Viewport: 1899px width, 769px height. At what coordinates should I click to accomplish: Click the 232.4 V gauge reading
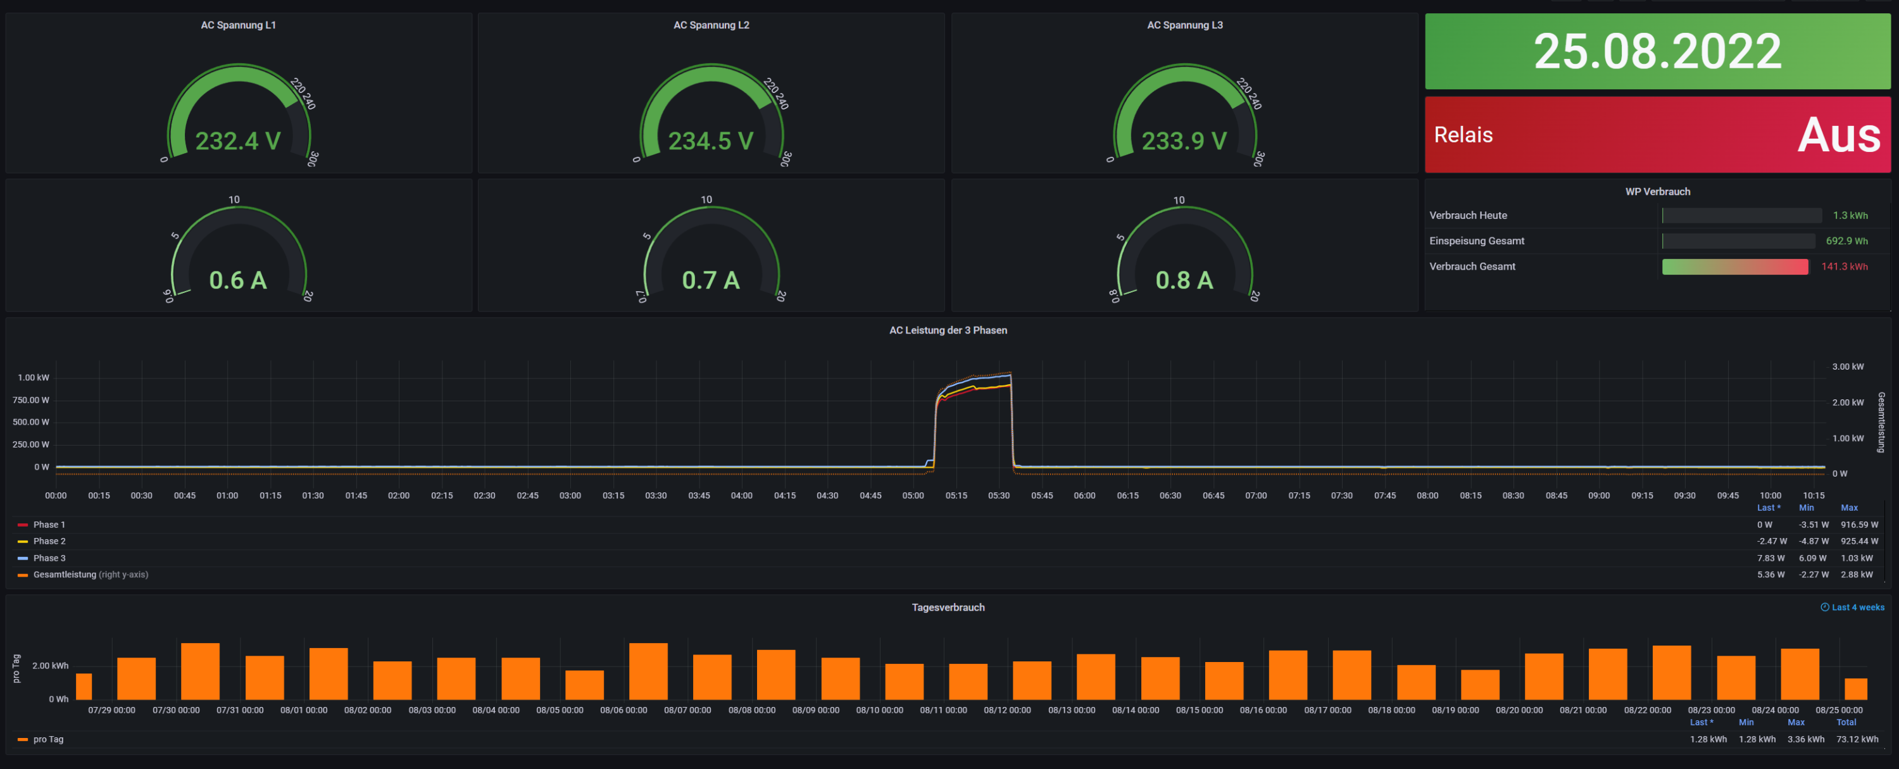(x=237, y=141)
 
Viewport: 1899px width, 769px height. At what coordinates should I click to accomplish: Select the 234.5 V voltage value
(x=711, y=141)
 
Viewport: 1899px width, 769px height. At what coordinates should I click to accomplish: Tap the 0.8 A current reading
(x=1184, y=280)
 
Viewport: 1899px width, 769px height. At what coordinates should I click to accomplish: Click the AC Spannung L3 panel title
(x=1184, y=25)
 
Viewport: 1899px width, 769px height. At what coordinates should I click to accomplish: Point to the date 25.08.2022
(x=1657, y=52)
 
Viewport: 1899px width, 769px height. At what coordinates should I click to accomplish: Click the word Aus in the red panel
(x=1839, y=135)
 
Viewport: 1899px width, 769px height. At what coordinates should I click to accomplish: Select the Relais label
(x=1463, y=135)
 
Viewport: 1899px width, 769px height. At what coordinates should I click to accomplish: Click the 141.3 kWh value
(x=1844, y=267)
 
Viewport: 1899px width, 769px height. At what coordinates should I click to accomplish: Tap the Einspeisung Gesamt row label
(x=1476, y=241)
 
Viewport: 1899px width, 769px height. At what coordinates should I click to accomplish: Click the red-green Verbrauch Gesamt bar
(x=1734, y=267)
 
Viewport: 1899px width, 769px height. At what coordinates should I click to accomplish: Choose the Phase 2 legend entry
(x=49, y=541)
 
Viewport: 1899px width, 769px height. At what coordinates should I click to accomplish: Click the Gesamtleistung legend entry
(x=64, y=574)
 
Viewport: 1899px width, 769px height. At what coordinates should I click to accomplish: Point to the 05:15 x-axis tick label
(x=956, y=496)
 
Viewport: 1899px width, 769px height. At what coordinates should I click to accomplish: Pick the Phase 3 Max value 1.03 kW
(x=1856, y=558)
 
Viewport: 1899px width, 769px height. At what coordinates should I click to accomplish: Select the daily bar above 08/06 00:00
(x=648, y=671)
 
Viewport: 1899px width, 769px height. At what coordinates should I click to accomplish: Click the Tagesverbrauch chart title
(x=948, y=608)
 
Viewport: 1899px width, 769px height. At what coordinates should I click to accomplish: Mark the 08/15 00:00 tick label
(x=1199, y=710)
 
